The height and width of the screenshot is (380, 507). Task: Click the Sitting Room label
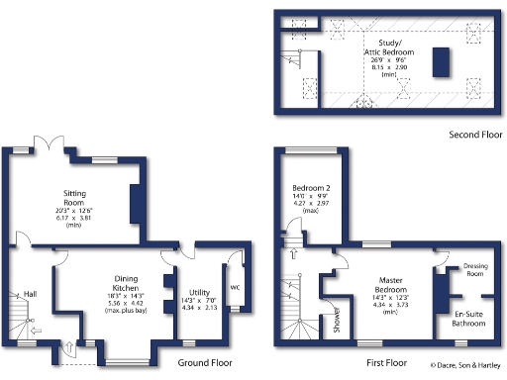(x=75, y=194)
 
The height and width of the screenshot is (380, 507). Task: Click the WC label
(x=235, y=288)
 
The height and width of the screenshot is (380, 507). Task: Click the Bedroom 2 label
(x=310, y=188)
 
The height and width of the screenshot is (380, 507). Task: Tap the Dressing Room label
(x=479, y=269)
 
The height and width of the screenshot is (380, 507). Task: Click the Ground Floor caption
(x=209, y=363)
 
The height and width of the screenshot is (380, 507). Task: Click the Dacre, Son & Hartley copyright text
(x=466, y=366)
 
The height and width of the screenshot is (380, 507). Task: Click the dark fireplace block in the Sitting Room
(x=136, y=201)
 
